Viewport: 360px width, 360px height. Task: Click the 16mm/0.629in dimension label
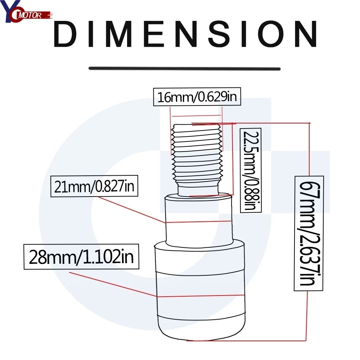(197, 96)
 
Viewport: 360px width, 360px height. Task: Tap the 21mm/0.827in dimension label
(94, 186)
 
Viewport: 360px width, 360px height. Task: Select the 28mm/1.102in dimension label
(81, 257)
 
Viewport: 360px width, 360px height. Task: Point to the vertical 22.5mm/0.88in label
(251, 170)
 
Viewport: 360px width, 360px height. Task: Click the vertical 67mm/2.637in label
(309, 233)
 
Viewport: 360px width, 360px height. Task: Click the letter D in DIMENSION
(65, 34)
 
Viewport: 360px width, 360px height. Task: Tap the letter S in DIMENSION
(219, 34)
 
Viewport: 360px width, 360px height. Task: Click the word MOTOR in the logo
(30, 15)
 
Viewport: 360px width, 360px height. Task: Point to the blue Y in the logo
(9, 10)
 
